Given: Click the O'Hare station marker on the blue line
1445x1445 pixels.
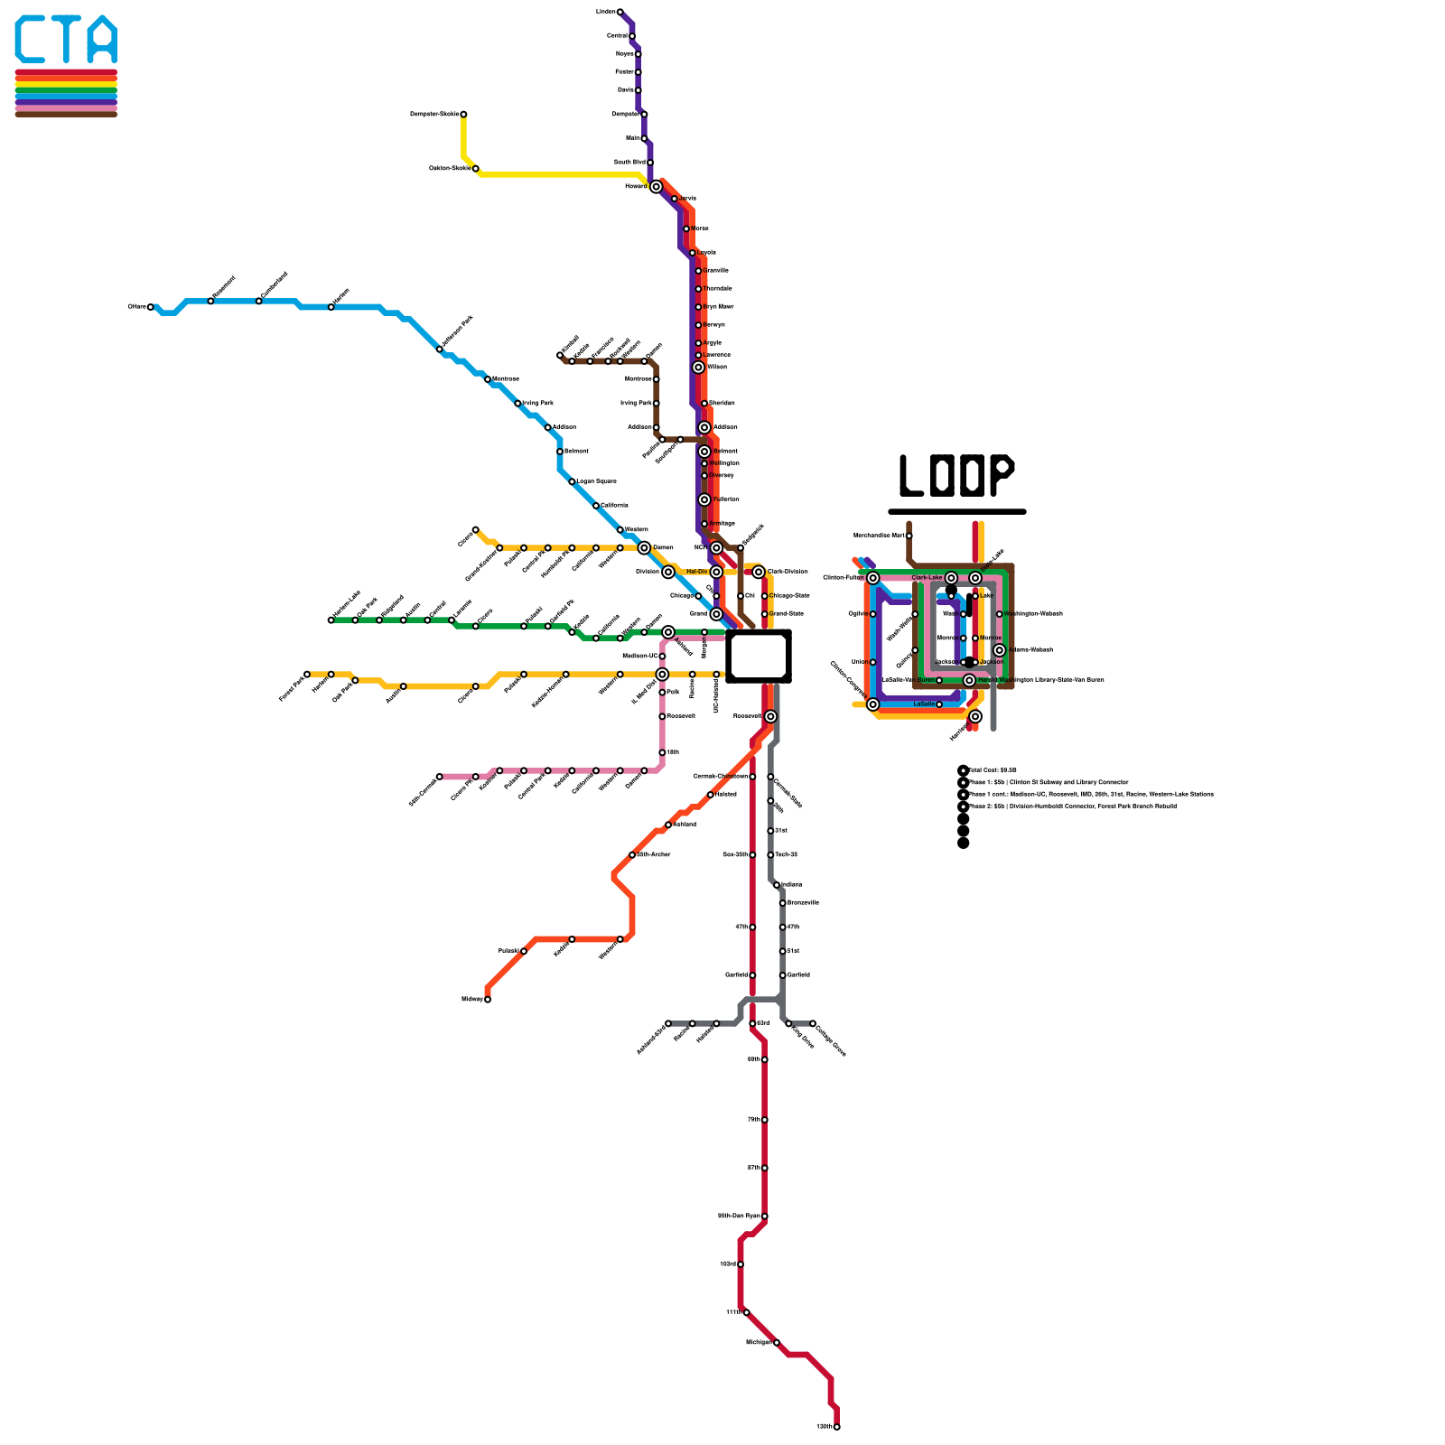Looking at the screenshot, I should click(x=151, y=307).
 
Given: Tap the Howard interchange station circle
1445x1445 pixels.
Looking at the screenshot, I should click(x=657, y=187).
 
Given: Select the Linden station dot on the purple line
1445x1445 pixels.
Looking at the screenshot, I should click(x=620, y=12).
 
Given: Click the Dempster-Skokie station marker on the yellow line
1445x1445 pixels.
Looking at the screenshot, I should click(x=463, y=115).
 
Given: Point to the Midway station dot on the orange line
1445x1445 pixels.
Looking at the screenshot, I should click(x=488, y=1000).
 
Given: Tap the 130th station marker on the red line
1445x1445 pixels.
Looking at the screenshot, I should click(x=837, y=1427).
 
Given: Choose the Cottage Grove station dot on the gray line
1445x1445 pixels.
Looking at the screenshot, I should click(x=813, y=1023).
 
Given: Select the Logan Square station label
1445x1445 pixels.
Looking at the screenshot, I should click(x=597, y=481).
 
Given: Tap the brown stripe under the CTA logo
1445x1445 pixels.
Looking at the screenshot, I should click(x=66, y=114).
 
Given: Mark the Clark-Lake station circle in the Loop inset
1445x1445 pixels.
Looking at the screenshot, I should click(x=951, y=578).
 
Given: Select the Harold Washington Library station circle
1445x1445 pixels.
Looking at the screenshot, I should click(x=969, y=680).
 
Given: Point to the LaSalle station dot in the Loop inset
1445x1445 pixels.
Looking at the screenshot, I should click(x=939, y=704).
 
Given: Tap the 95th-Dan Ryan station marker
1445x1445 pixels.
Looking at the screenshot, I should click(x=765, y=1217).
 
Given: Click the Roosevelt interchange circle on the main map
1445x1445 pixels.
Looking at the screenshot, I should click(x=770, y=716).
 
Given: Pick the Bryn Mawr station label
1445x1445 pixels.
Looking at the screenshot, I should click(x=719, y=307).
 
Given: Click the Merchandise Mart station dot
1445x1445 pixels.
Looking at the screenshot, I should click(x=909, y=536).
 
